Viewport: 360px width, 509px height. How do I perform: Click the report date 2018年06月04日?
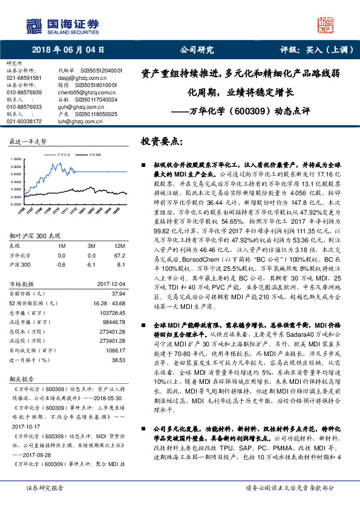pos(66,50)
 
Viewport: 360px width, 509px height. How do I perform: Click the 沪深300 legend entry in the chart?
pos(92,154)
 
